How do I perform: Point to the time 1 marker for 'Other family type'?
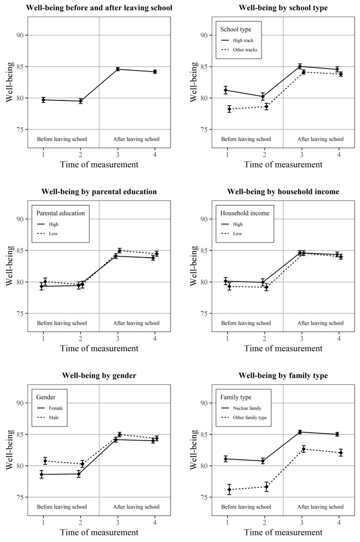(229, 489)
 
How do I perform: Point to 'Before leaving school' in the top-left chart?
(62, 139)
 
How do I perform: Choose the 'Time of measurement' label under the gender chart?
(99, 533)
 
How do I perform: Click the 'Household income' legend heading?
(245, 213)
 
